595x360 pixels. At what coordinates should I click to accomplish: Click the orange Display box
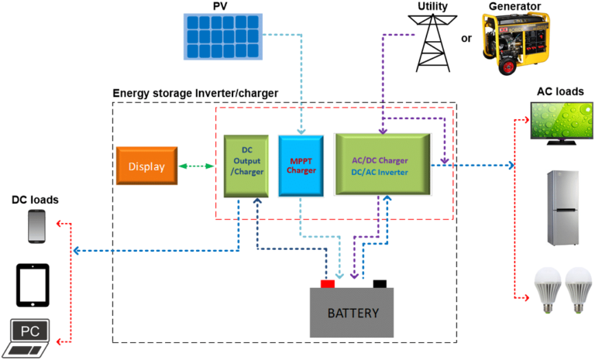[x=146, y=166]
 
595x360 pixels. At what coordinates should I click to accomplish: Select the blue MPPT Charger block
[x=300, y=165]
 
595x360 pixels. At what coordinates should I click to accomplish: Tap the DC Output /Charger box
[x=246, y=166]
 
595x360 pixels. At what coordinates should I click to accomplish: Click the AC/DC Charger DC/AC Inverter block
[x=381, y=164]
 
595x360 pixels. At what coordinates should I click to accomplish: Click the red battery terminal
[x=328, y=283]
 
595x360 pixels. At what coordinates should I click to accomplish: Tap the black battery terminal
[x=380, y=283]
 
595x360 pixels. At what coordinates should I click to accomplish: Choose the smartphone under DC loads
[x=36, y=227]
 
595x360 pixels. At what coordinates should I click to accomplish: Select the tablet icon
[x=33, y=283]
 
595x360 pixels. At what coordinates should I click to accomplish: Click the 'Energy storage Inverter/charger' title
[x=195, y=94]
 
